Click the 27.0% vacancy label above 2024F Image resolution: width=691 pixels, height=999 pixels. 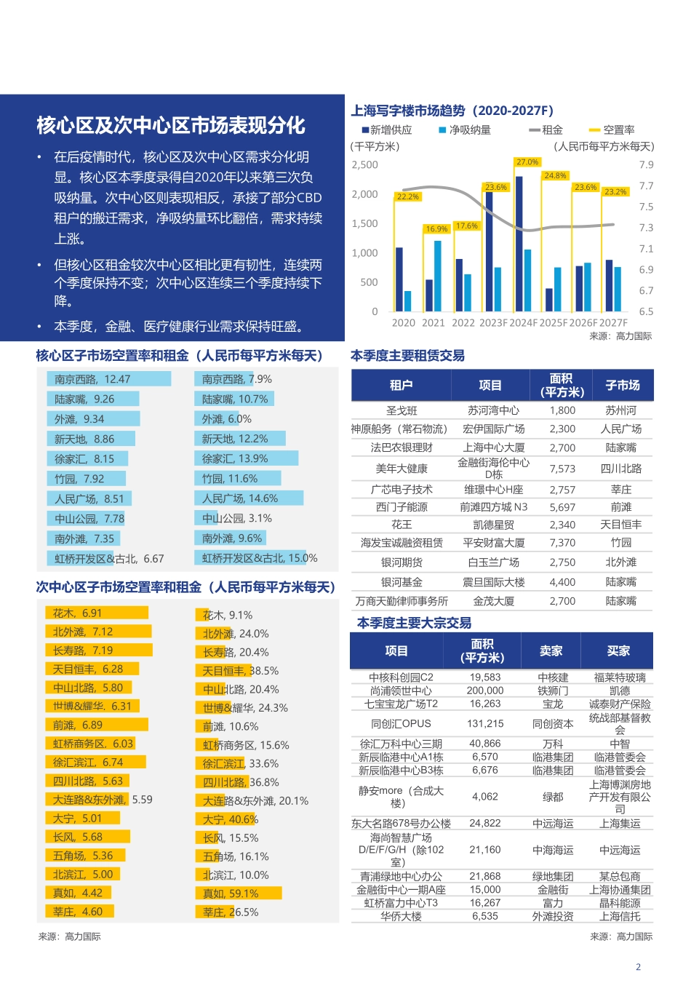coord(527,162)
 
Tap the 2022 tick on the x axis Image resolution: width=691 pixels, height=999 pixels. coord(463,323)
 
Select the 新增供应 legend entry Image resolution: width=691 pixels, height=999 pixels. coord(387,130)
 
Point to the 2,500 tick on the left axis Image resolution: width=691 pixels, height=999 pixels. coord(365,165)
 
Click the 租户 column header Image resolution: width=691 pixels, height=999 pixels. coord(401,386)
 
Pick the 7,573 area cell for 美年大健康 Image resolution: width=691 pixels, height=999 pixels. coord(562,469)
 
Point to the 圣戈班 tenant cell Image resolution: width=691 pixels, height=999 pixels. coord(402,411)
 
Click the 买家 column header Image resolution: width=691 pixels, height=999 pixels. coord(619,651)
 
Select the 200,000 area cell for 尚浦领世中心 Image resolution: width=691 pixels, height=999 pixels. coord(485,690)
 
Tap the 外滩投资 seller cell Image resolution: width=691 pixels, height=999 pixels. coord(553,917)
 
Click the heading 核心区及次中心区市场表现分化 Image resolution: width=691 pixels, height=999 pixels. coord(171,126)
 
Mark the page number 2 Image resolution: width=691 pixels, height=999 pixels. coord(639,967)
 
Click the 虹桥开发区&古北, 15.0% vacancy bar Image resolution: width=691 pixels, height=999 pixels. coord(252,559)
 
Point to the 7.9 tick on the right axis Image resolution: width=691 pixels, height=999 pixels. coord(646,165)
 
